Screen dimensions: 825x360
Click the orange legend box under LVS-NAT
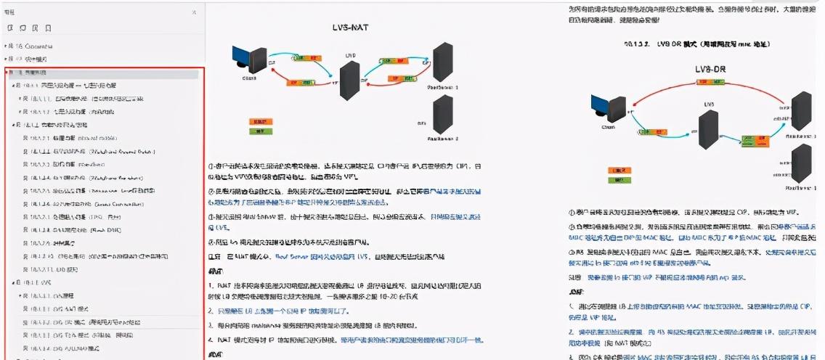tap(256, 121)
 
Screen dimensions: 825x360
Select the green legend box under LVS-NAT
tap(256, 131)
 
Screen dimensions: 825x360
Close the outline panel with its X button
tap(193, 13)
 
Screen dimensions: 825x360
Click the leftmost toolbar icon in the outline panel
tap(10, 28)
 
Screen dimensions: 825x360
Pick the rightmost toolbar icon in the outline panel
tap(48, 28)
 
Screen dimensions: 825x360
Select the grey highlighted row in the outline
tap(102, 73)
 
